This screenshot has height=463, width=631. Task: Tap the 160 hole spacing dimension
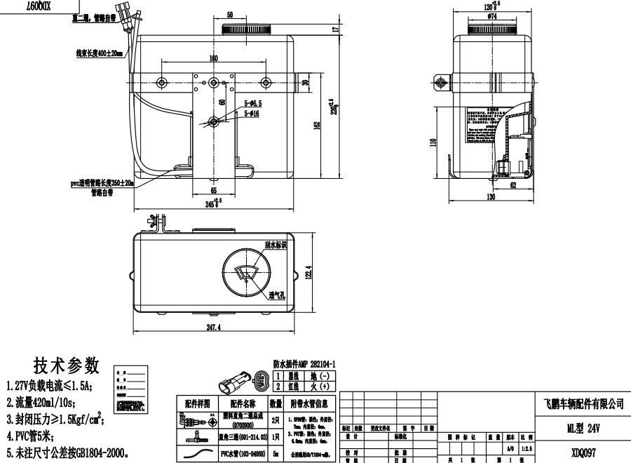point(212,59)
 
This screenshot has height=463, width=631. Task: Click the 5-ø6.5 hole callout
point(252,104)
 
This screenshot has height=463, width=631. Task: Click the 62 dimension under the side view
point(513,185)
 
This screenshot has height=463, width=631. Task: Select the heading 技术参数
point(67,366)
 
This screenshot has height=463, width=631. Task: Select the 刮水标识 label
point(276,246)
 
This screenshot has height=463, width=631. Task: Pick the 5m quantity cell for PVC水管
point(275,453)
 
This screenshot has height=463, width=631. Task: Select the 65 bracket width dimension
point(212,190)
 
